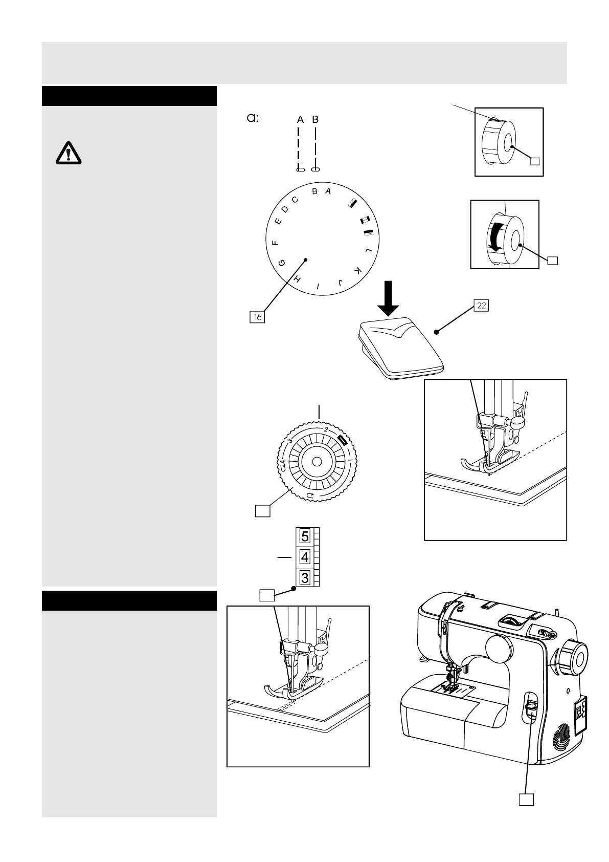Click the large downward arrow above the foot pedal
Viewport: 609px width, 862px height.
tap(390, 298)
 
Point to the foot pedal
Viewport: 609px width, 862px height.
tap(399, 348)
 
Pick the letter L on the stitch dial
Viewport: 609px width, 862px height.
tap(368, 251)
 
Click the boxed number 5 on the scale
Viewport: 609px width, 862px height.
tap(305, 536)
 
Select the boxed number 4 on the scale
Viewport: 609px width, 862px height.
tap(305, 557)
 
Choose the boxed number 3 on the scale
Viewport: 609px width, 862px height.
tap(305, 578)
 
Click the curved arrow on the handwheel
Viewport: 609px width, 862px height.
tap(495, 239)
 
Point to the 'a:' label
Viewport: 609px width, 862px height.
tap(253, 118)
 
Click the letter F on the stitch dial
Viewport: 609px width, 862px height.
tap(275, 243)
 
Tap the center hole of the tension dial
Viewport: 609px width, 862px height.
tap(317, 462)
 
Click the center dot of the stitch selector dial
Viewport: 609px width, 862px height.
tap(306, 260)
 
